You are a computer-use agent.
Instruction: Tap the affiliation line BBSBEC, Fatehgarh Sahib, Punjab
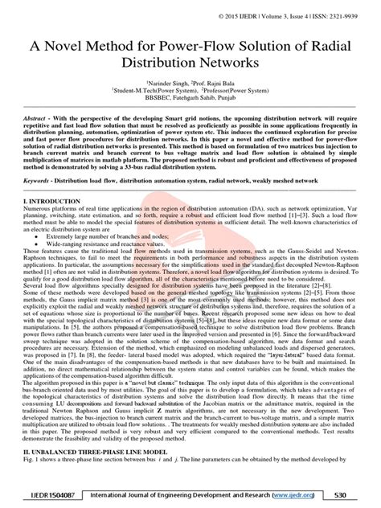click(x=190, y=111)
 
